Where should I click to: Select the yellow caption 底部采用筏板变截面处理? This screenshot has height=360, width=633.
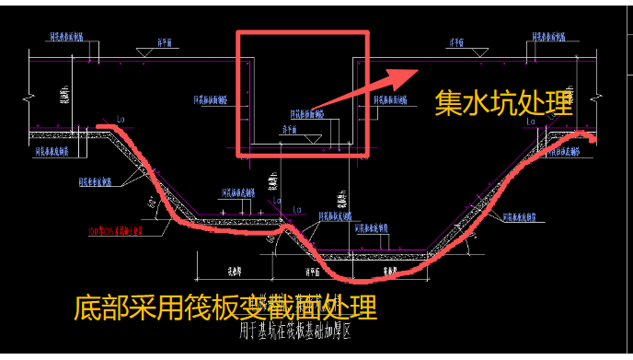(224, 307)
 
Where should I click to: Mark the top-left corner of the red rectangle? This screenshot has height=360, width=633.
(238, 33)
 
